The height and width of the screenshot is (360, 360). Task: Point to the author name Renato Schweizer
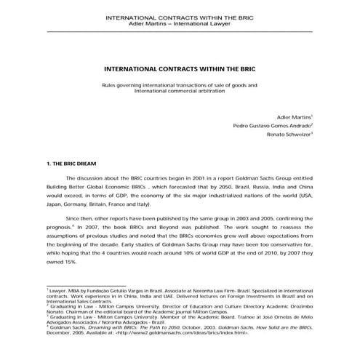coord(287,135)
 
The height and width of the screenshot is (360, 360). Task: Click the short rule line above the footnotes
coord(85,285)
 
